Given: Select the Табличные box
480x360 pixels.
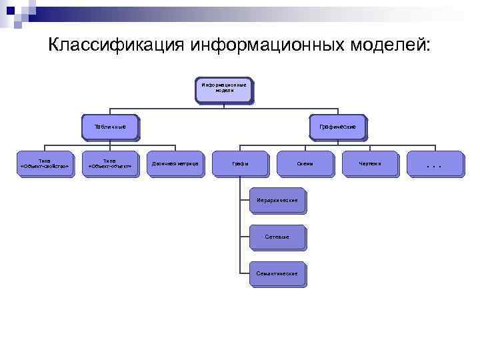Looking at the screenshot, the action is (x=110, y=127).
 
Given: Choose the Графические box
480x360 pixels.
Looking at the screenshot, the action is (x=337, y=127).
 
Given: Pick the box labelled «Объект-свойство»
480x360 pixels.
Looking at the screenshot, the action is (x=45, y=163).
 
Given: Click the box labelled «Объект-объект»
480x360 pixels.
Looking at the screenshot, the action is (x=110, y=163).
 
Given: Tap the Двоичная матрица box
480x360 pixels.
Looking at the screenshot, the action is (x=175, y=163).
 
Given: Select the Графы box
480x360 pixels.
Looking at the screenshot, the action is (x=240, y=163).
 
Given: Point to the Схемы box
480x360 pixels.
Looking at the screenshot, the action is (x=305, y=163).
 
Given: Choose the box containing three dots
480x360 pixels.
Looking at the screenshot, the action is (x=435, y=163).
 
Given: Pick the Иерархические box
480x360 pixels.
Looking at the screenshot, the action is (x=277, y=201).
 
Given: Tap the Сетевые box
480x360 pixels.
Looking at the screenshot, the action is (x=277, y=237).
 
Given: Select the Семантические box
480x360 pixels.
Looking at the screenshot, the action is (x=277, y=274).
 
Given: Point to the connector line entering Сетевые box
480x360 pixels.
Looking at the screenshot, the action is (x=245, y=237).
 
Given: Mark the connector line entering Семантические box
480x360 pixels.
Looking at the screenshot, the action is (x=245, y=273).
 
